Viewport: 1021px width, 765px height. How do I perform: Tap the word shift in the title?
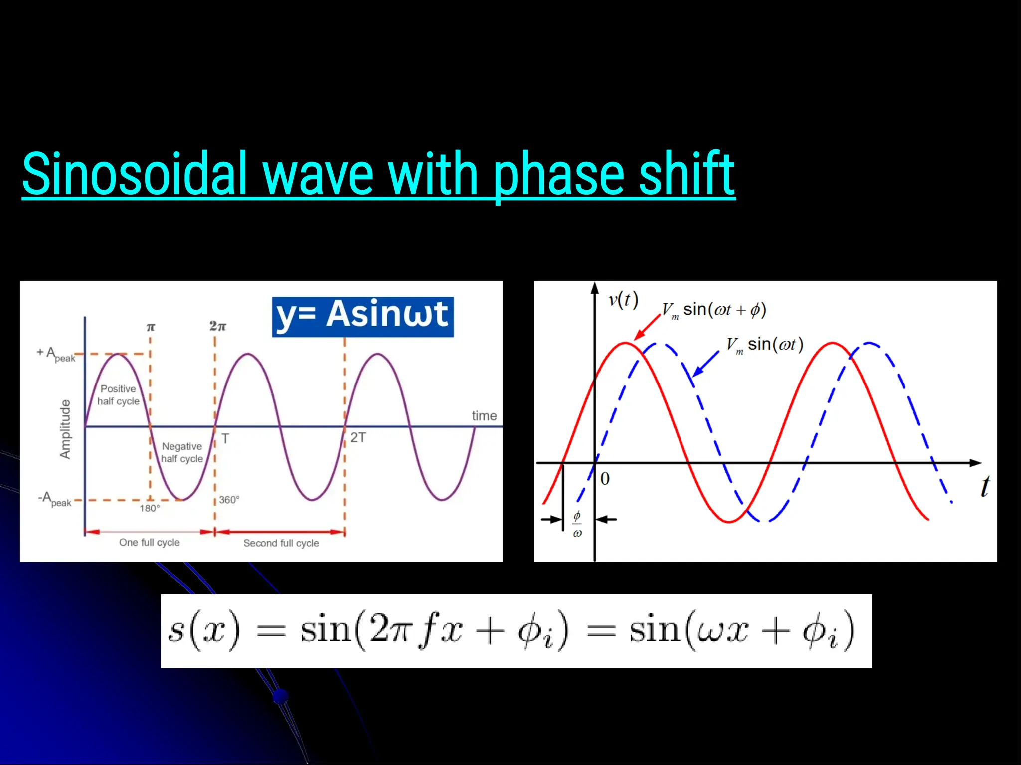point(686,174)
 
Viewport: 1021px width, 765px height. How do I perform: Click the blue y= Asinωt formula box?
point(362,317)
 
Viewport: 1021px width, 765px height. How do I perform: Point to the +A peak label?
point(56,355)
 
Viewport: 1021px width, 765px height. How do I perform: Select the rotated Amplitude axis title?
point(65,429)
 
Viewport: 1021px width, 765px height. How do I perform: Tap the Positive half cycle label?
point(118,395)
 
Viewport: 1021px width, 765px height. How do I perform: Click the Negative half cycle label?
point(182,452)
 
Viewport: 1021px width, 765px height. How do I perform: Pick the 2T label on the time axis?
point(358,438)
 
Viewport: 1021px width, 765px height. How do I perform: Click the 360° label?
point(229,500)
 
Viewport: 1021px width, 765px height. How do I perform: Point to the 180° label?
point(150,508)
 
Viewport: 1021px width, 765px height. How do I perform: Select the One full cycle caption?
point(150,542)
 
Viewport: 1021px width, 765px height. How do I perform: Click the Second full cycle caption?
point(281,543)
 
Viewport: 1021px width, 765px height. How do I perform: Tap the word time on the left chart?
point(484,416)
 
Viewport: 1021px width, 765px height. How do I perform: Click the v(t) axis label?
point(623,300)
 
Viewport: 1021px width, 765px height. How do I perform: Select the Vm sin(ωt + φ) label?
point(714,310)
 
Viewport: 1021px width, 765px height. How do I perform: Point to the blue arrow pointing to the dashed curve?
point(706,363)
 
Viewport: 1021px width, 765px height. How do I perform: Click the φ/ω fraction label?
point(577,524)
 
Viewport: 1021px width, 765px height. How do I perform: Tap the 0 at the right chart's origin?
point(605,479)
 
